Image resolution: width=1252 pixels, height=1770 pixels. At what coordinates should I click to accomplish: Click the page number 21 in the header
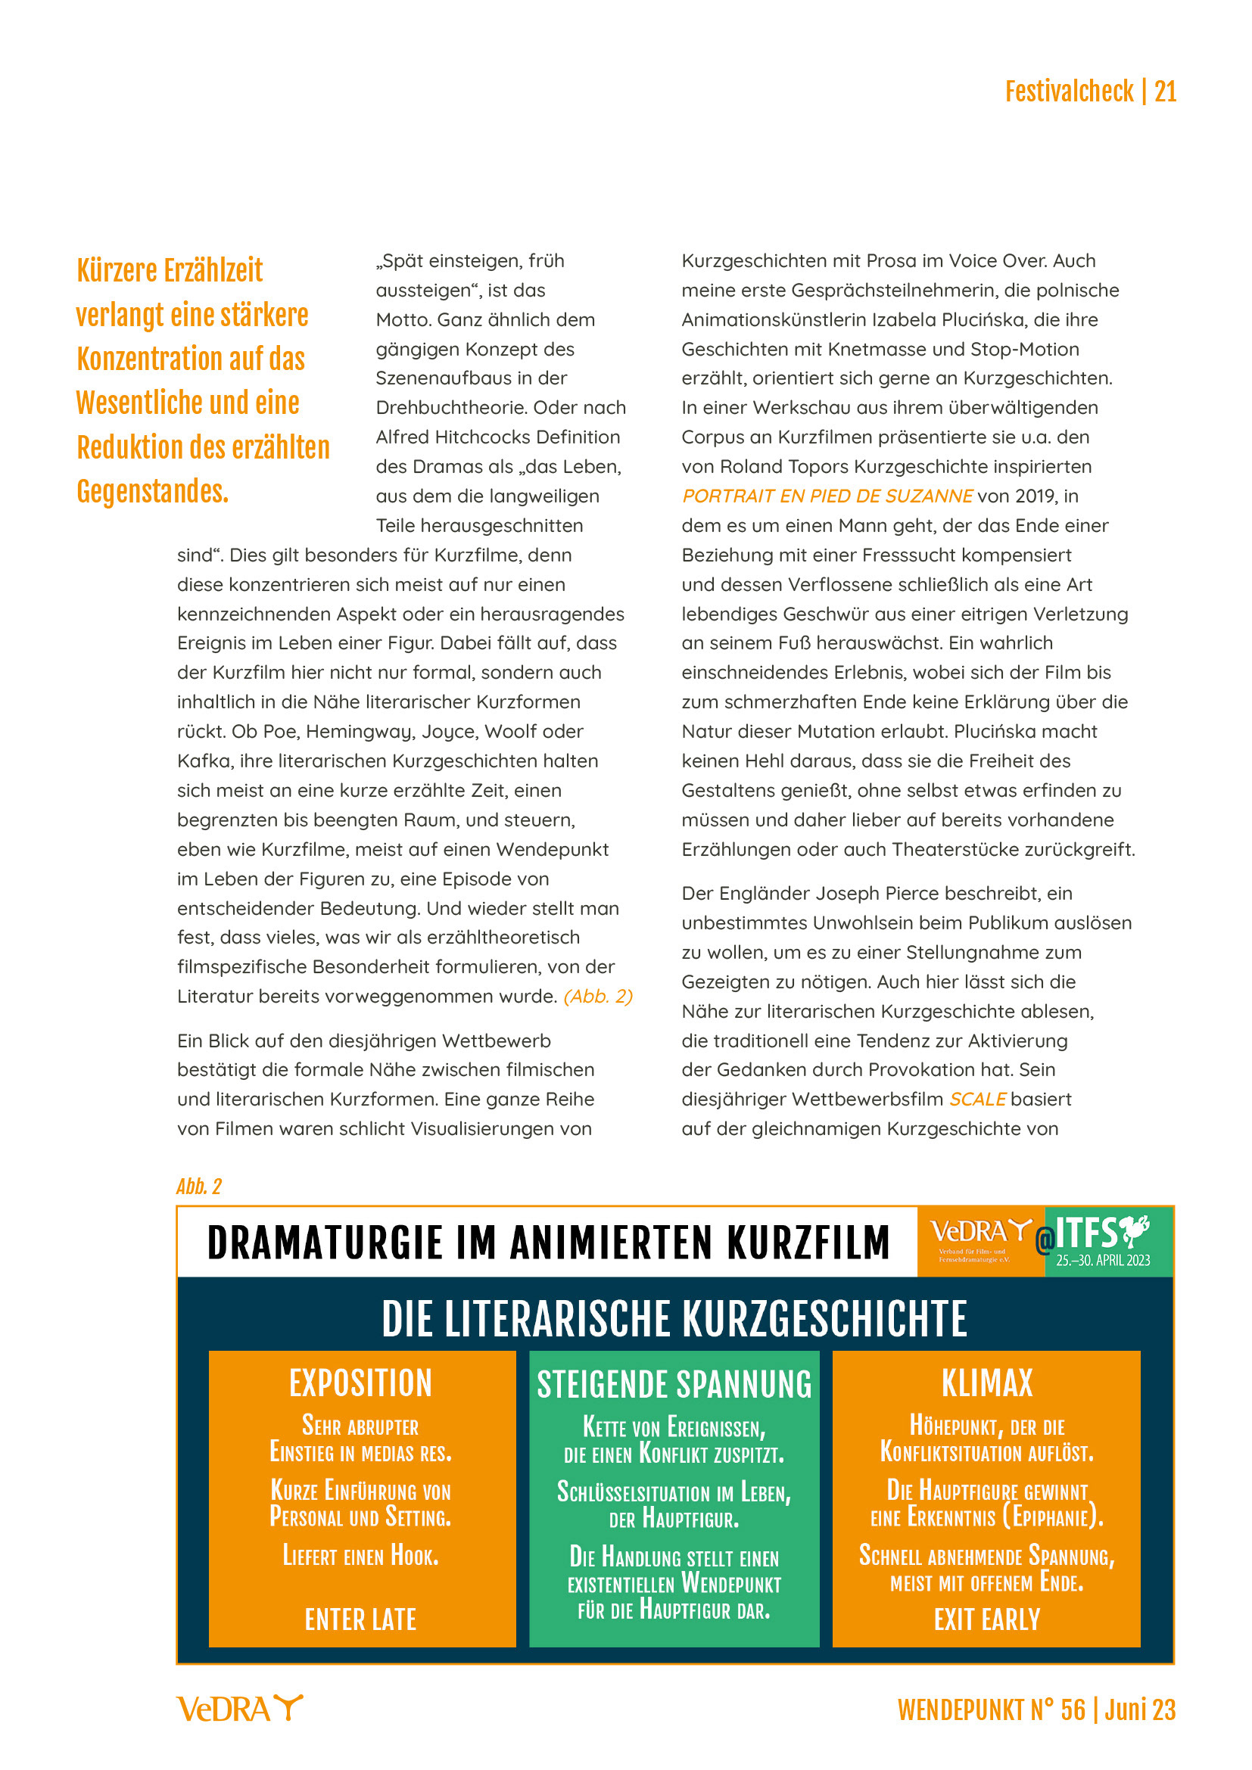coord(1164,92)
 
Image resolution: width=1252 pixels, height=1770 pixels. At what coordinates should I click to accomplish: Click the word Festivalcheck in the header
coord(1069,92)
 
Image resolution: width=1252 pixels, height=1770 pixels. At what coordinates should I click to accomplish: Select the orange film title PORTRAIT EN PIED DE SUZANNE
coord(827,496)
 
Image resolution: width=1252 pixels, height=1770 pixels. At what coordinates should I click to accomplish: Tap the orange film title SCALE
coord(976,1099)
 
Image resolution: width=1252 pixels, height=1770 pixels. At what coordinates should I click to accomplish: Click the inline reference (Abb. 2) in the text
coord(597,996)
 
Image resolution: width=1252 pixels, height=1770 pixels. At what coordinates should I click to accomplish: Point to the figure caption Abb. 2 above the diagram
coord(199,1187)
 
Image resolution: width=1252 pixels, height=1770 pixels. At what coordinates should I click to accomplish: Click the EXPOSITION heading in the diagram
coord(361,1383)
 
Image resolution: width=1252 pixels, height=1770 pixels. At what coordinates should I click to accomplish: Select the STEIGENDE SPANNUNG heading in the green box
coord(674,1385)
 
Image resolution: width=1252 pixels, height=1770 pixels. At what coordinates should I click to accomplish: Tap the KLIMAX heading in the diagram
coord(986,1383)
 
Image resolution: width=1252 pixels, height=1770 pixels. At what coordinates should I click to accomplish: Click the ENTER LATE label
coord(361,1619)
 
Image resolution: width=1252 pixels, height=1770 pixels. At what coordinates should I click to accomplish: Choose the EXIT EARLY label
coord(986,1619)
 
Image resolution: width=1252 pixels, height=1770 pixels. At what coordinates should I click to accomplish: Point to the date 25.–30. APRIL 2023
coord(1102,1261)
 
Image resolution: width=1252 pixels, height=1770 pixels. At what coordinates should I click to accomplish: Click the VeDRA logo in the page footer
coord(240,1709)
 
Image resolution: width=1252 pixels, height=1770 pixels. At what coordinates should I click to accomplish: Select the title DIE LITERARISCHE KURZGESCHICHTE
coord(674,1319)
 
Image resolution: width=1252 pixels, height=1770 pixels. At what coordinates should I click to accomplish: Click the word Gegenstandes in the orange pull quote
coord(152,492)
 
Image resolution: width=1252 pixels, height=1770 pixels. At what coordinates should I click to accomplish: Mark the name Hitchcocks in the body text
coord(484,437)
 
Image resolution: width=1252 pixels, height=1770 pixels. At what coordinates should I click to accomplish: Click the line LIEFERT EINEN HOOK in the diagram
coord(361,1556)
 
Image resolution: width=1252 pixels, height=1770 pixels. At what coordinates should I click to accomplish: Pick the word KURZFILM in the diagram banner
coord(808,1243)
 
